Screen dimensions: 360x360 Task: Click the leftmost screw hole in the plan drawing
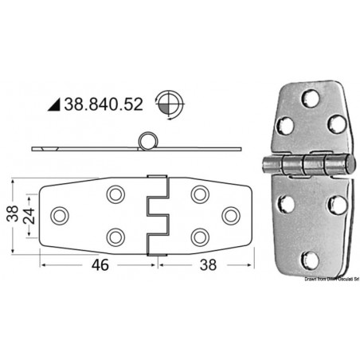pos(59,215)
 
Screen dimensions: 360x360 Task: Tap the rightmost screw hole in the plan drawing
pos(231,215)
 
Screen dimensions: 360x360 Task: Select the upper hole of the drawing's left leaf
pos(115,194)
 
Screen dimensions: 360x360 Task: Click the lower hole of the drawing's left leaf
pos(115,237)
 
